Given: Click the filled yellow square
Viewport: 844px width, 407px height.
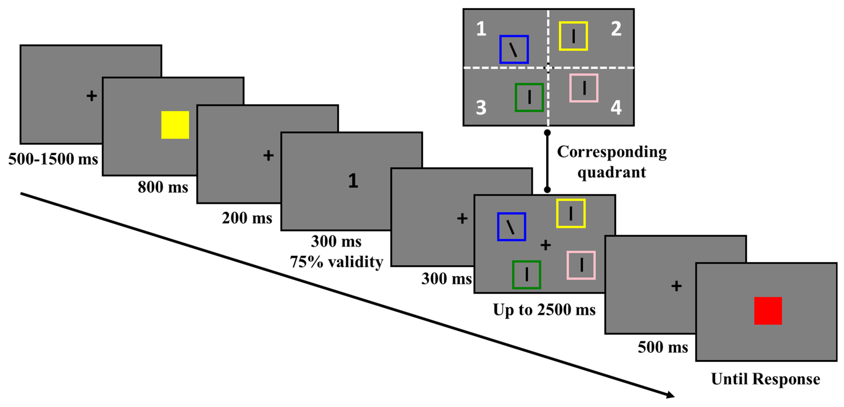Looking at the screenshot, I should click(175, 125).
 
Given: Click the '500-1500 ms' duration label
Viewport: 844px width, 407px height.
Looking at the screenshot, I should click(53, 159).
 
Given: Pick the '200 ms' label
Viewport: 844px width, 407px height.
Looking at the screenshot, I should click(247, 218).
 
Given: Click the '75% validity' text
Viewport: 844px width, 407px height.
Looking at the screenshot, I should click(337, 262).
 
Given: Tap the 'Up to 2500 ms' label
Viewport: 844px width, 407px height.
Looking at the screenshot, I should click(544, 310).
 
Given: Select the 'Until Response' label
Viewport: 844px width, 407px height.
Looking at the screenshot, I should click(765, 379).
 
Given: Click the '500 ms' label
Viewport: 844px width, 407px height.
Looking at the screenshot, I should click(662, 347).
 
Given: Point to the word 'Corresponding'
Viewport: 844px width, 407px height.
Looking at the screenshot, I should click(612, 152).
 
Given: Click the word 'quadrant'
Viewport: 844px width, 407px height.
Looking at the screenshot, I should click(611, 172).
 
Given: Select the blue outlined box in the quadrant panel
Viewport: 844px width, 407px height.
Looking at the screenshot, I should click(514, 49).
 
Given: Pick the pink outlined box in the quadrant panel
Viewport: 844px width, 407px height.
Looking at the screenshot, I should click(584, 88).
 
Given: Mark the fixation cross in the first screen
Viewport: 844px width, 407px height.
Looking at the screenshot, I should click(92, 96).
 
